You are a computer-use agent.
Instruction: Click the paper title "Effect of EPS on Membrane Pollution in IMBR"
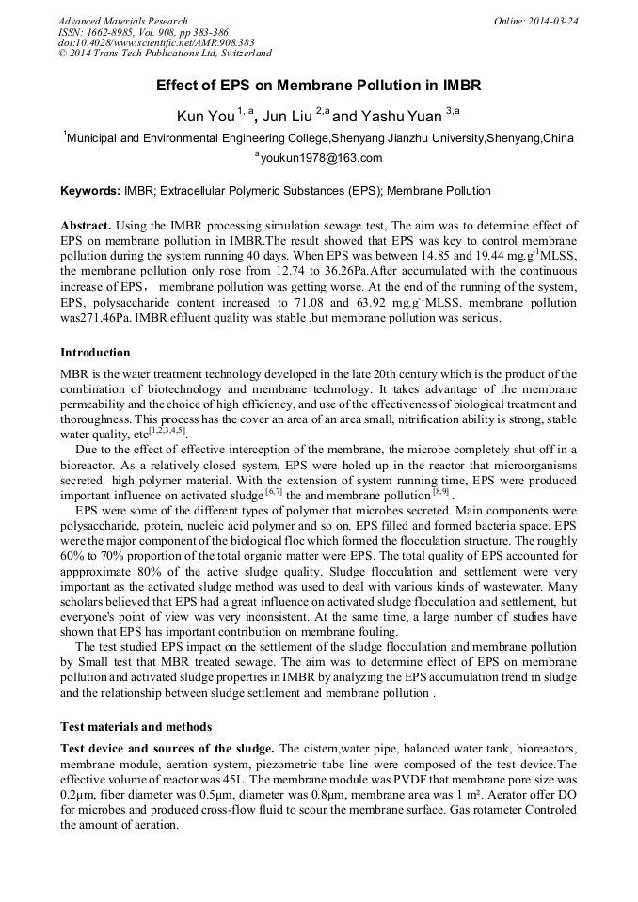coord(319,86)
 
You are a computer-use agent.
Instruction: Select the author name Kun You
coord(205,117)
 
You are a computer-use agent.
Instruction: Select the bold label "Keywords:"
coord(90,191)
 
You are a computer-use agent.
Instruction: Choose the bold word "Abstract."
coord(86,227)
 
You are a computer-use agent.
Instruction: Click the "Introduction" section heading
coord(95,353)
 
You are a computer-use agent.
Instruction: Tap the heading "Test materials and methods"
coord(136,726)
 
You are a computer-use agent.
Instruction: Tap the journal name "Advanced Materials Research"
coord(122,21)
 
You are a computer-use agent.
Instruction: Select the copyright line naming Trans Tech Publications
coord(165,54)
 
